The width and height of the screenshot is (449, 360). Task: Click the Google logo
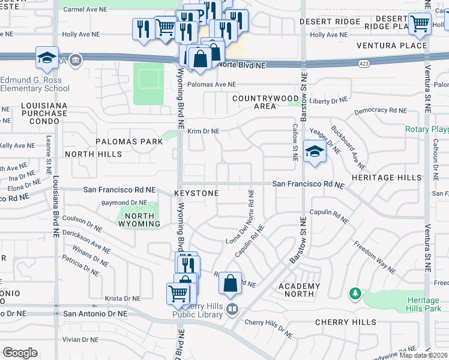(x=20, y=353)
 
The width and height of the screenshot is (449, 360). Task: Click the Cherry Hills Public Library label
(x=201, y=309)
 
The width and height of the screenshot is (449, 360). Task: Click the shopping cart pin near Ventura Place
(x=420, y=23)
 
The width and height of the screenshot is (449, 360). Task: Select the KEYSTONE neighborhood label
(x=196, y=193)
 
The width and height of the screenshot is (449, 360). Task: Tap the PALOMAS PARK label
(x=128, y=142)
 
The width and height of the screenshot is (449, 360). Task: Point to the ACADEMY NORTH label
(x=299, y=290)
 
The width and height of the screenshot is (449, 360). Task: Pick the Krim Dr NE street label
(x=203, y=131)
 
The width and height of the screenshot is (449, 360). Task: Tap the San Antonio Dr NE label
(x=95, y=313)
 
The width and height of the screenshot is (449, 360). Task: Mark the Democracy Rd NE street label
(x=380, y=110)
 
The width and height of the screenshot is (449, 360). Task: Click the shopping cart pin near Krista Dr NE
(x=178, y=294)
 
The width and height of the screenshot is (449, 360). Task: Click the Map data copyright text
(x=423, y=355)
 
